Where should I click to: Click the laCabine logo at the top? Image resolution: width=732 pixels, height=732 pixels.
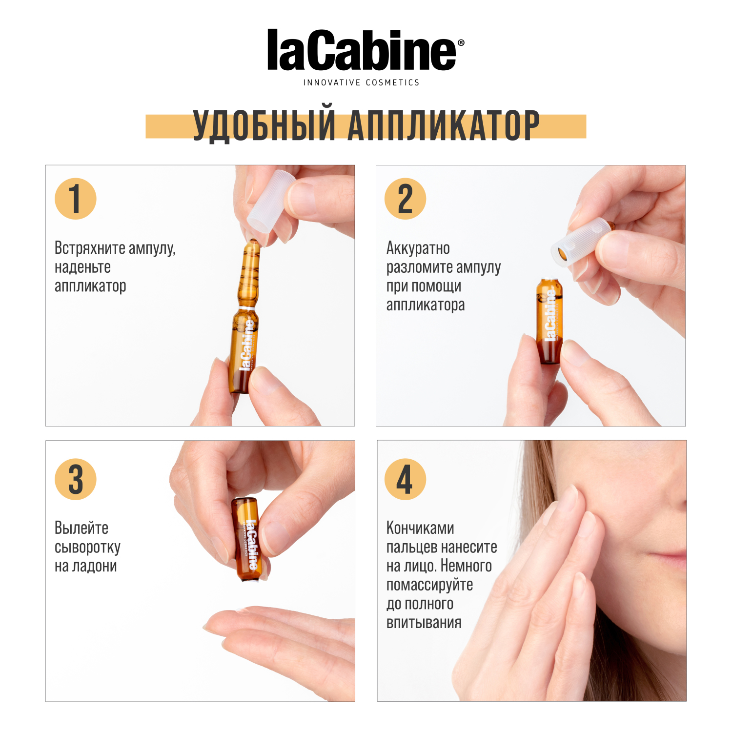pyautogui.click(x=362, y=50)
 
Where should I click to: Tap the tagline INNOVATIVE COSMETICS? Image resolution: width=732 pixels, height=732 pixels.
pyautogui.click(x=361, y=83)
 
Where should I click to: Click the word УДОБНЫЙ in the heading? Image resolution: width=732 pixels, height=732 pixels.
pyautogui.click(x=264, y=126)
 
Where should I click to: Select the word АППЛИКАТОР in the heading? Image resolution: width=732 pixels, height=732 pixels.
pyautogui.click(x=444, y=126)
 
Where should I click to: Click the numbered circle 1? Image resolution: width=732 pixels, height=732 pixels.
pyautogui.click(x=75, y=199)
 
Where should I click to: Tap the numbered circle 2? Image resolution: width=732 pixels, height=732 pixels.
pyautogui.click(x=405, y=199)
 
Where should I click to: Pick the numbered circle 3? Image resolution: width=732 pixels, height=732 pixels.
pyautogui.click(x=75, y=479)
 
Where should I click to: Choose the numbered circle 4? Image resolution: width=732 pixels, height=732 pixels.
pyautogui.click(x=405, y=479)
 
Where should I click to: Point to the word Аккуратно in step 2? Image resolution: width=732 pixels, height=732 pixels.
pyautogui.click(x=418, y=248)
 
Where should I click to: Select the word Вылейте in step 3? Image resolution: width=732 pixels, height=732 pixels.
pyautogui.click(x=81, y=528)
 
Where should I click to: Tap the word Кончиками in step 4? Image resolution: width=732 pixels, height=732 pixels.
pyautogui.click(x=420, y=528)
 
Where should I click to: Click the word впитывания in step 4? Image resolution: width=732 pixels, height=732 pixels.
pyautogui.click(x=424, y=623)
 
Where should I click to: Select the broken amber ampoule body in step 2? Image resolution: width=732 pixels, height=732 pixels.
pyautogui.click(x=549, y=322)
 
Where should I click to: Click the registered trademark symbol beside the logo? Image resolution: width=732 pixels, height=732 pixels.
pyautogui.click(x=461, y=43)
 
